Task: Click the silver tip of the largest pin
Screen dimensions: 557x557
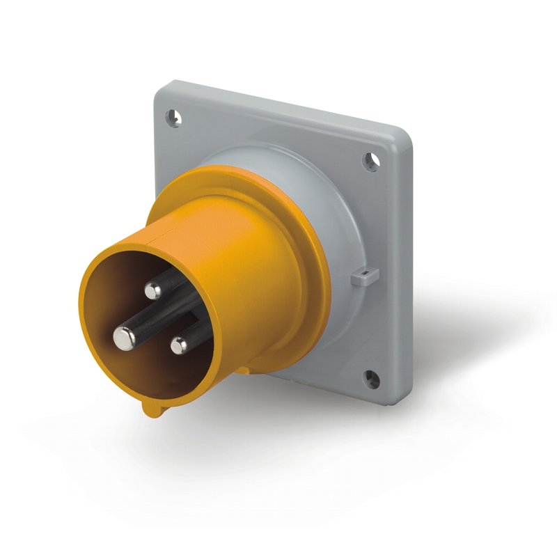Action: click(x=124, y=337)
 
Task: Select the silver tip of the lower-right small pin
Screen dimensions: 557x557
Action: click(x=179, y=344)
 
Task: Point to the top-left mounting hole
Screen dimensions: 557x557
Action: click(x=175, y=118)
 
